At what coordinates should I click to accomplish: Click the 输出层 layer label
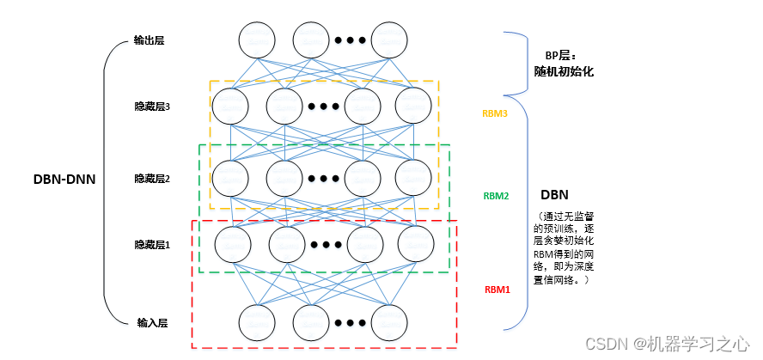pos(150,40)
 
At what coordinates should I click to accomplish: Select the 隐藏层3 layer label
pos(152,107)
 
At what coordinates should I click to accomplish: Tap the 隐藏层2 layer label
pos(152,179)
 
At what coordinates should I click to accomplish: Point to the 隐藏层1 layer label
pos(152,245)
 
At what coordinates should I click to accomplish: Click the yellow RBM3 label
pos(497,113)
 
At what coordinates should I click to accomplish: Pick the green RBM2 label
pos(497,196)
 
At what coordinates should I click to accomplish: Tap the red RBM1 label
pos(497,290)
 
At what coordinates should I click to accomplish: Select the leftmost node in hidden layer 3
pos(230,107)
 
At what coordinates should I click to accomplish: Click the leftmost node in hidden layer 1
pos(234,244)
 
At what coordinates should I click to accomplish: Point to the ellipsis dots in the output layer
pos(350,40)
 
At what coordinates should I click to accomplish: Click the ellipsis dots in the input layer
pos(350,323)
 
